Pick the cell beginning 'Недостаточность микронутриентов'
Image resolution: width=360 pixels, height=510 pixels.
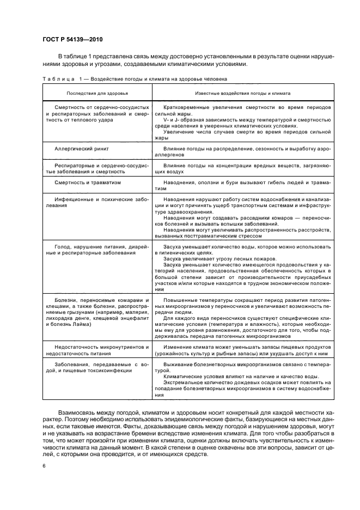(94, 347)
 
